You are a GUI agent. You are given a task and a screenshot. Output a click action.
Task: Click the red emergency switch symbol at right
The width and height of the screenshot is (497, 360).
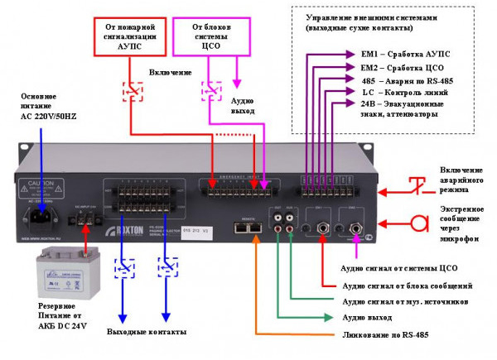click(x=423, y=185)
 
